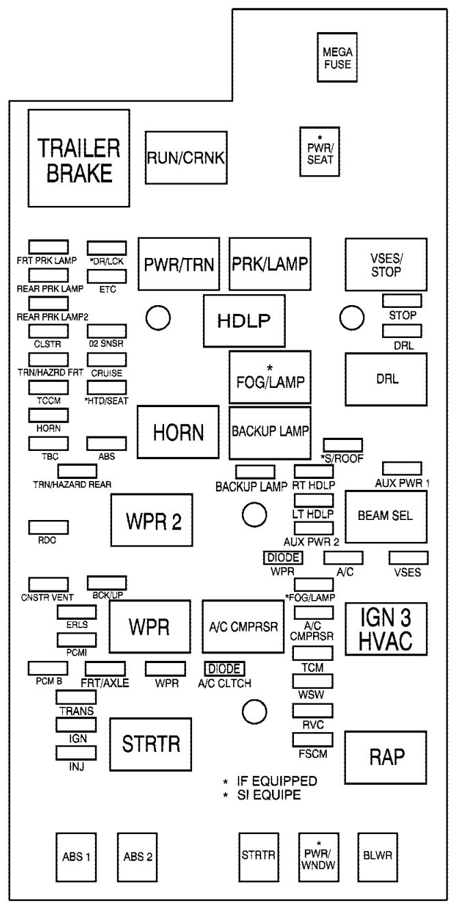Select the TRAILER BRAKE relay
tap(79, 159)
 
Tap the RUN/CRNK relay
tap(187, 157)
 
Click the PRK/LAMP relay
tap(270, 265)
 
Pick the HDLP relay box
tap(244, 321)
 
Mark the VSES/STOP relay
tap(386, 264)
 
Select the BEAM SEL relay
tap(386, 516)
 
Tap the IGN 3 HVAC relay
tap(386, 629)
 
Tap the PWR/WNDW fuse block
tap(319, 855)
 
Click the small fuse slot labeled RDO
tap(48, 527)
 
